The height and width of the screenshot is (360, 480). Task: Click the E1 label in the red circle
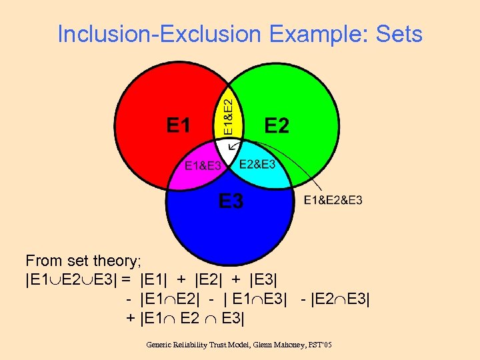[x=178, y=125]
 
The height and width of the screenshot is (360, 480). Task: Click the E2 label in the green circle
[x=277, y=125]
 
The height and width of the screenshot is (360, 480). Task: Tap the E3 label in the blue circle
[x=231, y=200]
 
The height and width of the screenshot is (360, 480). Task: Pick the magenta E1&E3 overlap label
[x=201, y=166]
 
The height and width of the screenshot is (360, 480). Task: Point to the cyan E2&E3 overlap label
[x=257, y=164]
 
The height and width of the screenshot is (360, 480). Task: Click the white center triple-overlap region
[x=229, y=150]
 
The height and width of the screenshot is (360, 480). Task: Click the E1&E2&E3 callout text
[x=333, y=200]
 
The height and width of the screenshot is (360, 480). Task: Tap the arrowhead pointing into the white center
[x=224, y=162]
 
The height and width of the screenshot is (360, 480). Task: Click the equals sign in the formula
[x=125, y=279]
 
